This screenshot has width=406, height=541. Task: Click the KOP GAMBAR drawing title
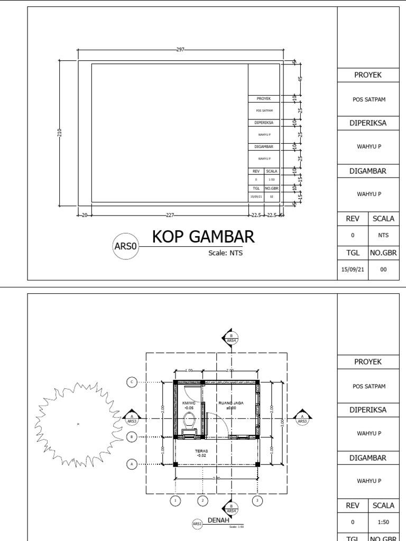coord(204,237)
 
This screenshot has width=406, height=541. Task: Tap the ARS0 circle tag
coord(126,246)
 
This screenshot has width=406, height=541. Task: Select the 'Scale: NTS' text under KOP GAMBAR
coord(225,253)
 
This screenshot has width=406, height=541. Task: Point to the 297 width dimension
coord(180,50)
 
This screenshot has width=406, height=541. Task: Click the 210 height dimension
coord(59,132)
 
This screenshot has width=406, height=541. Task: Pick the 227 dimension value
coord(170,215)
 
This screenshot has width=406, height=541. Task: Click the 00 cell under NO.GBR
coord(383,269)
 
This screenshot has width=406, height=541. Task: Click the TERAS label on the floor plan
coord(201,451)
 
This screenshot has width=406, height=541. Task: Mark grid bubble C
coord(133,382)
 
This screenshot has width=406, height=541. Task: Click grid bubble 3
coord(257,500)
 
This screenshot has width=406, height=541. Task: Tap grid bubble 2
coord(202,500)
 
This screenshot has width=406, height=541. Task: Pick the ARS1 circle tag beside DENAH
coord(198,524)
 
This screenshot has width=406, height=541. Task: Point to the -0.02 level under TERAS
coord(201,455)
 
